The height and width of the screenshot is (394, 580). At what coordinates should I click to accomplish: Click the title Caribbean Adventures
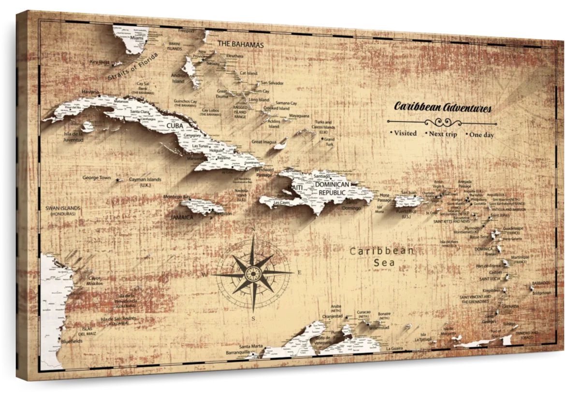443,107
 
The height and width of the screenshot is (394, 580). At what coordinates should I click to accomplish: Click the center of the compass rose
253,273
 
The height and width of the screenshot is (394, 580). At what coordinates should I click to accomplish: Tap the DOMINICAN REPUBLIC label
332,188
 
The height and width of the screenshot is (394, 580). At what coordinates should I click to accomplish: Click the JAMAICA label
182,217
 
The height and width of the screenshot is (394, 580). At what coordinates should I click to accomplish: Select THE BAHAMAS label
241,44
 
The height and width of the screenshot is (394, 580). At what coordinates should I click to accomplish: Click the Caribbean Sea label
382,256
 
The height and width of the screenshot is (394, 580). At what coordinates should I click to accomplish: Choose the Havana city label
90,91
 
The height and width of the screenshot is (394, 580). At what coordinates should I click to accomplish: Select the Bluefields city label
72,341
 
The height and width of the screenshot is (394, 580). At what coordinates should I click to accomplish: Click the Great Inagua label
263,142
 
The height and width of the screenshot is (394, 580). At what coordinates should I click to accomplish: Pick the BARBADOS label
541,283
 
